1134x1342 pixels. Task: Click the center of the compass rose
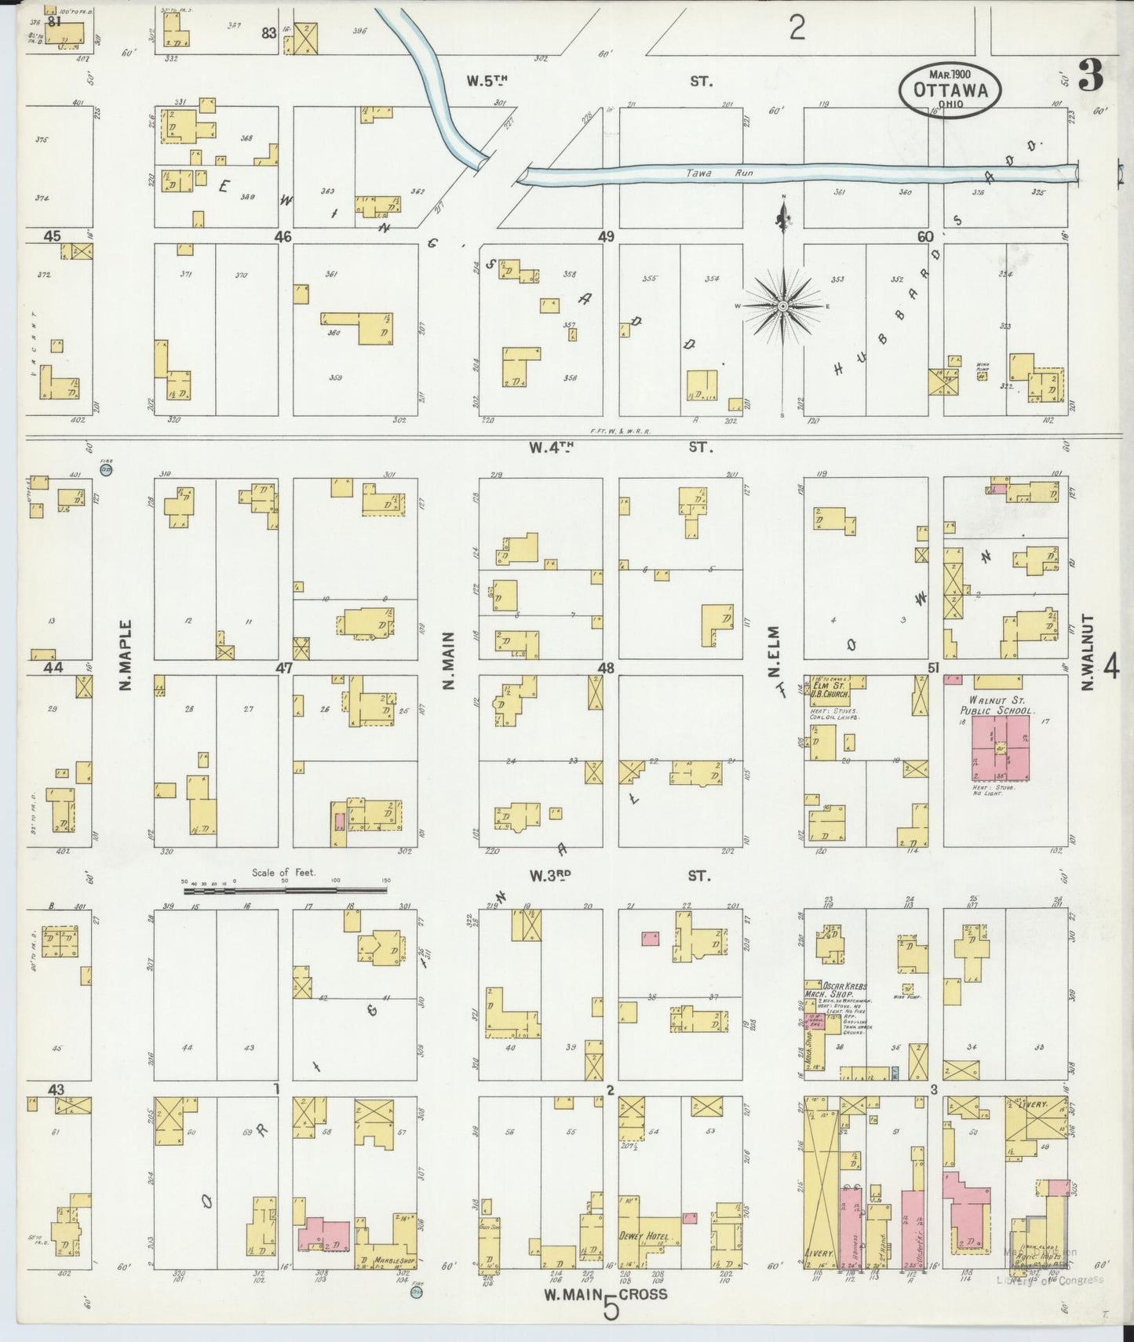pyautogui.click(x=783, y=305)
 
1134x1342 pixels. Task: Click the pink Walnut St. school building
pyautogui.click(x=1001, y=749)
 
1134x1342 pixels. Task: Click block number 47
pyautogui.click(x=283, y=669)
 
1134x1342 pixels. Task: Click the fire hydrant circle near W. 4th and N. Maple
pyautogui.click(x=106, y=470)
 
